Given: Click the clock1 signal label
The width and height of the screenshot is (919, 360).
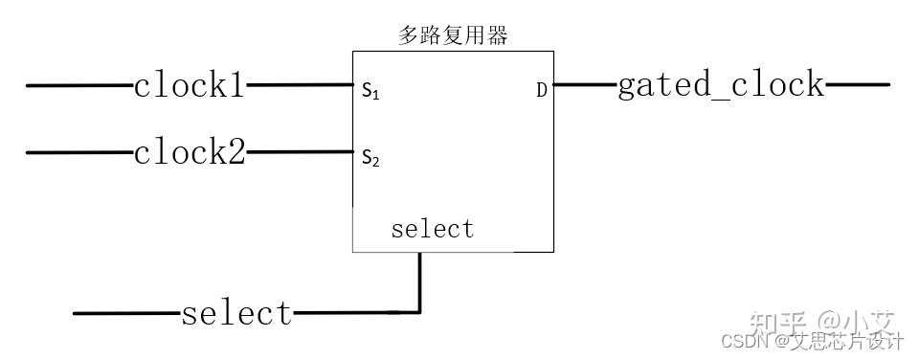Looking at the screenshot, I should point(190,86).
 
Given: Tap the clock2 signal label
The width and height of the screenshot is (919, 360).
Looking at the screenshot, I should point(190,152).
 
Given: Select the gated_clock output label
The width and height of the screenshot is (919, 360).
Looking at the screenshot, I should point(720,85).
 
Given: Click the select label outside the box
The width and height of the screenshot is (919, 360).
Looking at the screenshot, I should point(236,313).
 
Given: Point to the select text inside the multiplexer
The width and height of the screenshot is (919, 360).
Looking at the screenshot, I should point(433,230).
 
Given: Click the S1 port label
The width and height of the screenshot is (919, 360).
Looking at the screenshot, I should point(370,92).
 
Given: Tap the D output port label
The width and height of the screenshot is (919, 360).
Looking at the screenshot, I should point(542,91).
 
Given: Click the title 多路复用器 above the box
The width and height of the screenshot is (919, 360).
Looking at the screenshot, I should point(453,36).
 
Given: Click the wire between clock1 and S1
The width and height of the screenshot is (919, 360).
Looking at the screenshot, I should point(299,86).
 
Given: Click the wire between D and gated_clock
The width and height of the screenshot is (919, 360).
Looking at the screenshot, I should point(584,85).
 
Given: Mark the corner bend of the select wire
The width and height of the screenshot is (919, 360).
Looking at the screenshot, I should point(418,312).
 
